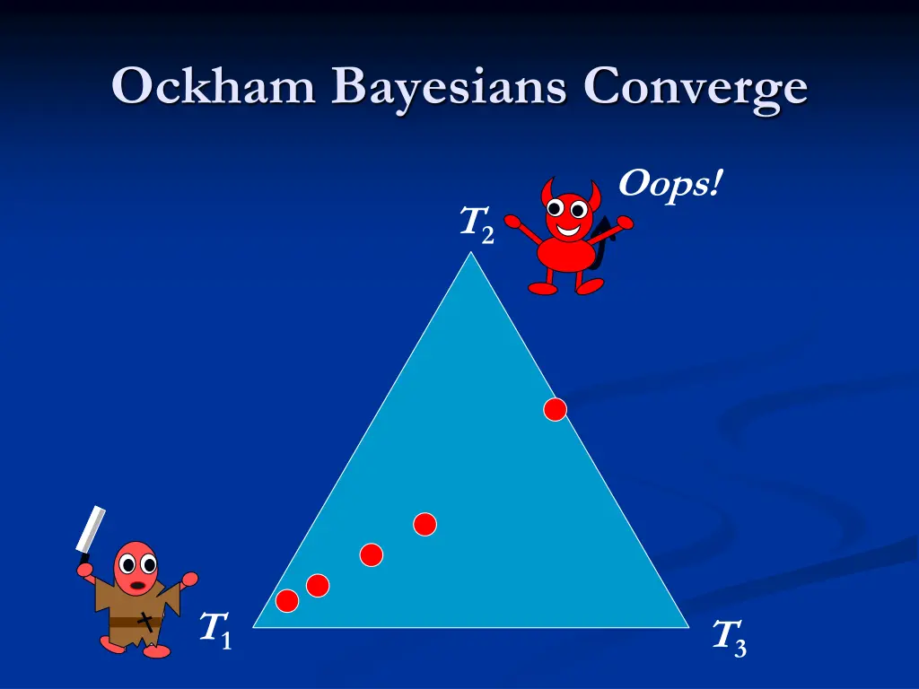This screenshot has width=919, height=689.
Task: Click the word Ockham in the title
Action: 214,88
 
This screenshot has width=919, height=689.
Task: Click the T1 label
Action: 215,629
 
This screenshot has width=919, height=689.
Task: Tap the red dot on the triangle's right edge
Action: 556,409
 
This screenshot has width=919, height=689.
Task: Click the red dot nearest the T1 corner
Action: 287,601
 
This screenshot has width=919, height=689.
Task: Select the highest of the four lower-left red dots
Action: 424,524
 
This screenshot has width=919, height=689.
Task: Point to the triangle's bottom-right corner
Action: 686,625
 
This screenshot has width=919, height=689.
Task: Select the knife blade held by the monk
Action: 91,531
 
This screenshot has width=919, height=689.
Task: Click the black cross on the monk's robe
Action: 145,619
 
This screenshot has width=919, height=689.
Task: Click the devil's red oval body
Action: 565,255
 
